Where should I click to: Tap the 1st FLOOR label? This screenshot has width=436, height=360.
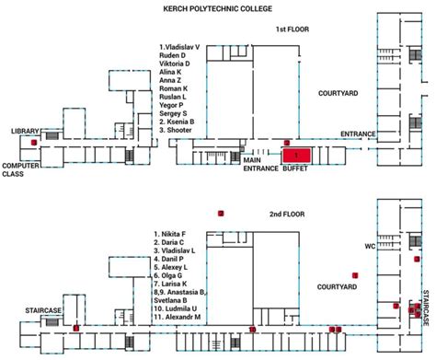[x=293, y=29]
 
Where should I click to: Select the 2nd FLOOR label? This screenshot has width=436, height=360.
[x=287, y=215]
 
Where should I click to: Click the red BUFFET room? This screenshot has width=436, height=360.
[x=296, y=156]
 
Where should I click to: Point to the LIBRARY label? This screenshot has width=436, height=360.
[x=26, y=132]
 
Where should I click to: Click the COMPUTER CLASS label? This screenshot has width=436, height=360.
[x=19, y=169]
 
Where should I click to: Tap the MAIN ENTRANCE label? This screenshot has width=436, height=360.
[x=260, y=165]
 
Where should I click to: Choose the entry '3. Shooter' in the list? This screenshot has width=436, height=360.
[x=178, y=130]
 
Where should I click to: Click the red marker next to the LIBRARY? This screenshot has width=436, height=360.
[x=33, y=143]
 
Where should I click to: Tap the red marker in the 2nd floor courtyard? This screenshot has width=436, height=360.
[x=354, y=275]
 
